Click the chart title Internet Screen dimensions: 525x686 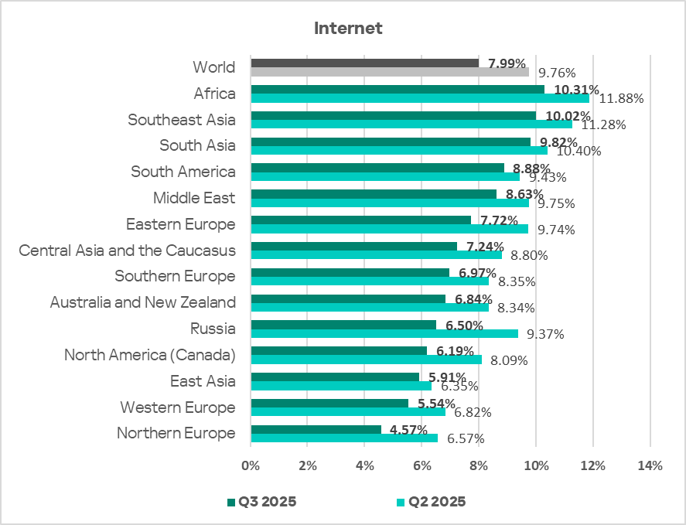click(x=348, y=29)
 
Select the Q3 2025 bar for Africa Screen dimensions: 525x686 click(x=398, y=90)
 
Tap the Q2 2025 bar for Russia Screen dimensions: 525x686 click(x=384, y=333)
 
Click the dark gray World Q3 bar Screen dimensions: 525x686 click(x=364, y=63)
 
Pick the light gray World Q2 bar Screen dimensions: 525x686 click(x=390, y=72)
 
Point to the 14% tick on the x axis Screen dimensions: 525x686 click(x=650, y=465)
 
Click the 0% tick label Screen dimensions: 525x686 click(x=251, y=465)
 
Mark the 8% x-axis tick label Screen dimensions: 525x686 click(x=479, y=465)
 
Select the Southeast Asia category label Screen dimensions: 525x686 click(x=181, y=120)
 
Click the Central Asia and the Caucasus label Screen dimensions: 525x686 click(x=127, y=251)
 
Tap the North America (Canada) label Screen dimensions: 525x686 click(x=149, y=355)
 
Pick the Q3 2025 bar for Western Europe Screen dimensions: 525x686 click(x=329, y=403)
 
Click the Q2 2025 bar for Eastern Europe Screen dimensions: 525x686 click(x=390, y=229)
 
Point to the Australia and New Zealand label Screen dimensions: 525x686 click(x=142, y=302)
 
